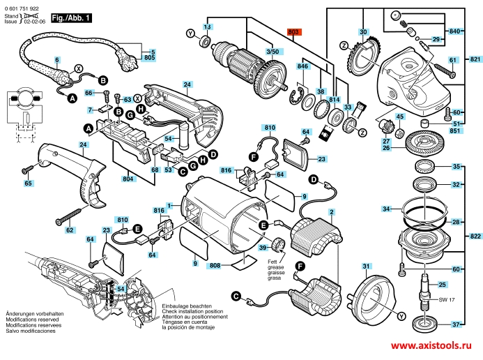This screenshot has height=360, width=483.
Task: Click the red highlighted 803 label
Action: click(x=293, y=32)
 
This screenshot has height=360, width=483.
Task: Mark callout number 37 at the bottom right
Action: click(x=456, y=325)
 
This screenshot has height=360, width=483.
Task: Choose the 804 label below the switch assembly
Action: click(x=128, y=179)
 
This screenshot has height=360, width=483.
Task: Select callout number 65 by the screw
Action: click(x=28, y=183)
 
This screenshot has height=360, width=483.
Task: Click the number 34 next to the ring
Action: click(x=387, y=209)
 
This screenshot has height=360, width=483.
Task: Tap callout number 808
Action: click(x=215, y=265)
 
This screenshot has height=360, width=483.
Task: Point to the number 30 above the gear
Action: click(x=363, y=33)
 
